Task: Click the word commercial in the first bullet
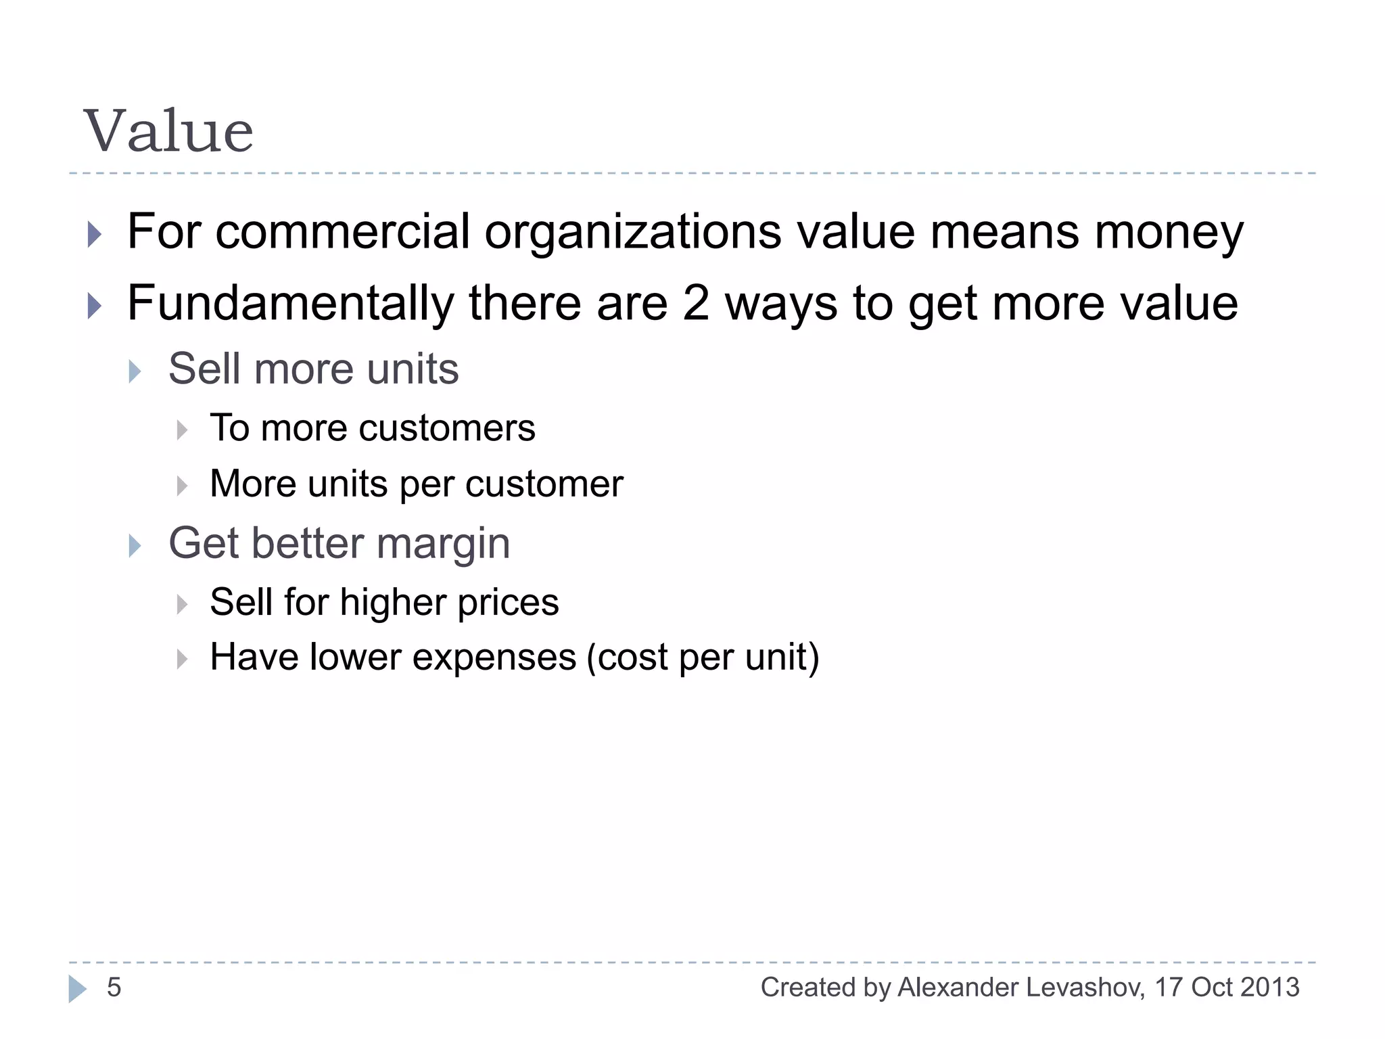[x=342, y=232]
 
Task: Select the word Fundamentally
[x=291, y=304]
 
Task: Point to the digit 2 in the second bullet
[x=696, y=303]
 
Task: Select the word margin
[x=443, y=545]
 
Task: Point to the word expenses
[x=494, y=657]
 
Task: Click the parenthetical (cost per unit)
[x=703, y=657]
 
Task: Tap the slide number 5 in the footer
[x=114, y=988]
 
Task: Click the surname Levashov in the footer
[x=1085, y=988]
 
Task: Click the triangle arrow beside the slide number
[x=77, y=989]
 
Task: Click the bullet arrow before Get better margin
[x=135, y=546]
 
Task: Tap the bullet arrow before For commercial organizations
[x=95, y=235]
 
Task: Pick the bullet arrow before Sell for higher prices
[x=182, y=603]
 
